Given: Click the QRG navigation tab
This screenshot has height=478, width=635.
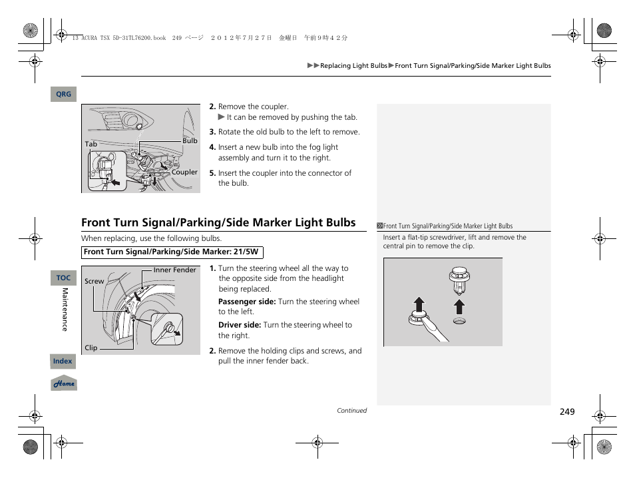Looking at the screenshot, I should click(x=63, y=95).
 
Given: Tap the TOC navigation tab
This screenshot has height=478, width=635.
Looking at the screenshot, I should click(x=63, y=278).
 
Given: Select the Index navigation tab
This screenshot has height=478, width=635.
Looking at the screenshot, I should click(x=63, y=361).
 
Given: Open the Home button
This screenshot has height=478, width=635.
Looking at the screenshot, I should click(x=64, y=383).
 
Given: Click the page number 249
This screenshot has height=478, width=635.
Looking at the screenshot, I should click(x=566, y=412).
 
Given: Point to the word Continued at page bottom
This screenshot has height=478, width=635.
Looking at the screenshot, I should click(x=351, y=411).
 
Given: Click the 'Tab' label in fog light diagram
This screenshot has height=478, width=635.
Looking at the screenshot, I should click(x=91, y=144).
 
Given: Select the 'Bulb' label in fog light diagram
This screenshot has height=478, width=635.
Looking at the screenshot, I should click(x=190, y=140).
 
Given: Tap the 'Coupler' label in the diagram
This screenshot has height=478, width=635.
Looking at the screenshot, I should click(x=184, y=172).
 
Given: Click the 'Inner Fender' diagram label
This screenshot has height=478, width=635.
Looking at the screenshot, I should click(x=174, y=270).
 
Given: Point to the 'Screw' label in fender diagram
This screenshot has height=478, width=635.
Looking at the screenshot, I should click(x=94, y=281).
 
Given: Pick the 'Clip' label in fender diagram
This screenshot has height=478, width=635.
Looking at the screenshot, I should click(x=91, y=348).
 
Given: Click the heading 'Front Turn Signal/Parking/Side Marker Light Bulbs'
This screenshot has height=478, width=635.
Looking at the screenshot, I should click(x=218, y=222).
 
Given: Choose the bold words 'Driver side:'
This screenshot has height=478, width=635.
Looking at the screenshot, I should click(x=240, y=325).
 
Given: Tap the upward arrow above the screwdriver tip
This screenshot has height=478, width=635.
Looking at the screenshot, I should click(x=418, y=305).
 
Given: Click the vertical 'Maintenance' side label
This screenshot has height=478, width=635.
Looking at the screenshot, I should click(x=65, y=310).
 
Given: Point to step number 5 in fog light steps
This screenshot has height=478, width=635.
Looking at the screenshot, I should click(x=212, y=173).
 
